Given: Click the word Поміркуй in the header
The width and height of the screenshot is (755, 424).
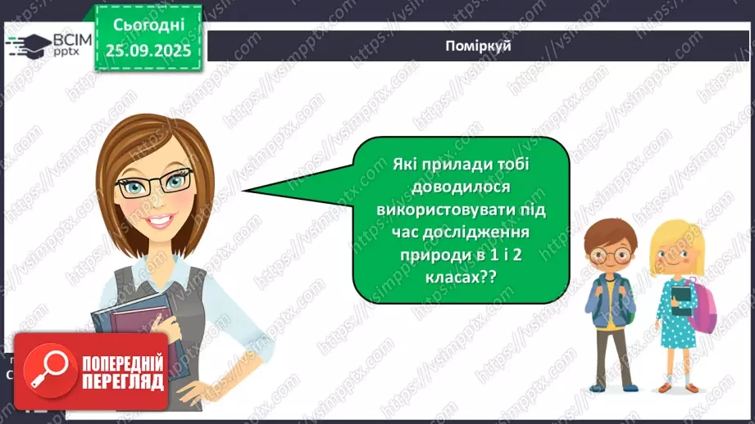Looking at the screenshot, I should click(x=480, y=46).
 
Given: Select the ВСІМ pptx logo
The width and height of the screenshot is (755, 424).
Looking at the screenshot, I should click(x=48, y=44).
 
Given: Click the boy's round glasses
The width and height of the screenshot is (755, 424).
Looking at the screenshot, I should click(x=607, y=254).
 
